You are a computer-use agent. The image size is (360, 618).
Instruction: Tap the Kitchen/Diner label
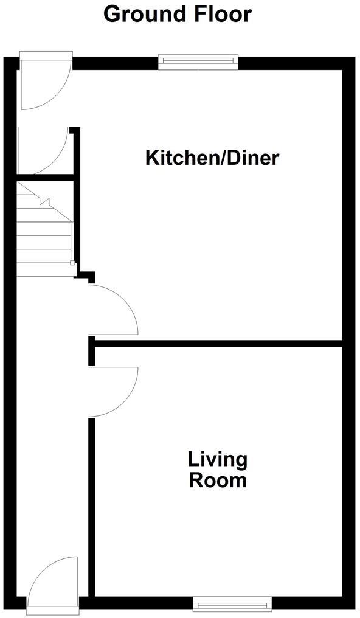(212, 158)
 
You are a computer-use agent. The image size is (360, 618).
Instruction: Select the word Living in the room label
(218, 459)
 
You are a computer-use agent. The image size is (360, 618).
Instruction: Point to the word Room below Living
(218, 481)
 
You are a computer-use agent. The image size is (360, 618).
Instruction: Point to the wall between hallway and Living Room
(92, 505)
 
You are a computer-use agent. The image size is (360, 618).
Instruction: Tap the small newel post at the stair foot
(72, 263)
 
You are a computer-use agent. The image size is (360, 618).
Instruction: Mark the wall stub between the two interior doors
(92, 352)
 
